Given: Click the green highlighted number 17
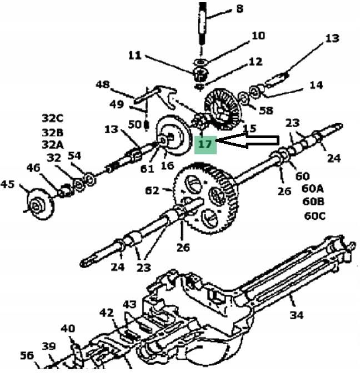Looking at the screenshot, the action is point(205,144).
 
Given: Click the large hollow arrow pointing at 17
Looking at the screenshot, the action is point(247,141).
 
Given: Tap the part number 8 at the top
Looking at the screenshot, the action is point(239,8).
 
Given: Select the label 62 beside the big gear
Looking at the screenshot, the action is point(152,190).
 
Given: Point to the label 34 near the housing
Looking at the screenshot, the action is point(297,315).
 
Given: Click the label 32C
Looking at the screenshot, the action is point(53,118).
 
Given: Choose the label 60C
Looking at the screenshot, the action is point(315,216).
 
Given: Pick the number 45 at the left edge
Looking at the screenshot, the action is point(7,184).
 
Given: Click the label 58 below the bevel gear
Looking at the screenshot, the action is point(266,110).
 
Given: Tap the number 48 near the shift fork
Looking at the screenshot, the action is point(103,84).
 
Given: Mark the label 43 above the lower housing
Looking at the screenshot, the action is point(130,305).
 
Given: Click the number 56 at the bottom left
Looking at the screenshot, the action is point(27,355).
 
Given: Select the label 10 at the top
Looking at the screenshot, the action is point(258,36).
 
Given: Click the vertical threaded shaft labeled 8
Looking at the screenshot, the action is point(202,23).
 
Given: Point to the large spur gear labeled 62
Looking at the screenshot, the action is point(205,198).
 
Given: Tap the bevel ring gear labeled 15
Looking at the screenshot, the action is point(223,109).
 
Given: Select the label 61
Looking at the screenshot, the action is point(147,169).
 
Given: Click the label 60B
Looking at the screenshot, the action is point(313,201).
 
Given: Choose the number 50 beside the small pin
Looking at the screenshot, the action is point(135,124).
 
